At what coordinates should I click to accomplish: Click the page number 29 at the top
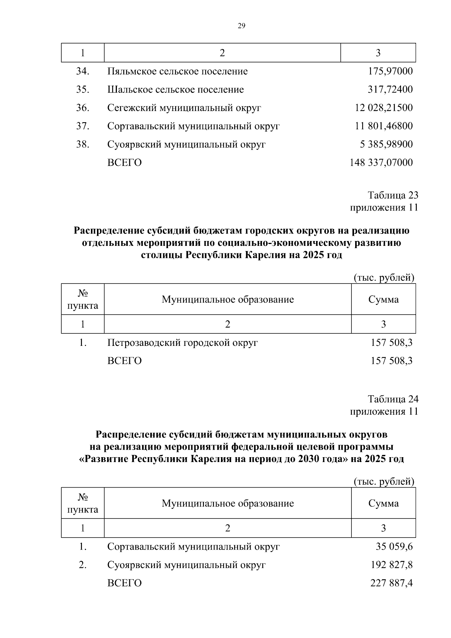coord(241,26)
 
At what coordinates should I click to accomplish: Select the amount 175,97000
coord(390,71)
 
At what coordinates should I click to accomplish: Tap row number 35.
coord(82,90)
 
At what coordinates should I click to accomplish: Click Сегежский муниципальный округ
coord(184,108)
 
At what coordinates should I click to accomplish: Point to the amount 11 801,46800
coord(384,126)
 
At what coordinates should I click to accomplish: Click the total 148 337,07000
coord(381,163)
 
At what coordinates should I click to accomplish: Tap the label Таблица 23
coord(393,195)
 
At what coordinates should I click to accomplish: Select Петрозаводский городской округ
coord(183,343)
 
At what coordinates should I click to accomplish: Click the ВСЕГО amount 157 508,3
coord(392,361)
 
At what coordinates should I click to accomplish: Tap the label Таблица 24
coord(393,399)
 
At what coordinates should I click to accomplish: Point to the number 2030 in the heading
coord(310,459)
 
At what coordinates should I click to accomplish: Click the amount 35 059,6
coord(394,547)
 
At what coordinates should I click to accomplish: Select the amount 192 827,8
coord(392,565)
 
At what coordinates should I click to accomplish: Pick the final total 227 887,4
coord(392,583)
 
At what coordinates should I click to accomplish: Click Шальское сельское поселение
coord(176,90)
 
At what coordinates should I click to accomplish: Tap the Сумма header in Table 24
coord(383,503)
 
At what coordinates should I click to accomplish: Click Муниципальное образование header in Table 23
coord(228,300)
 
